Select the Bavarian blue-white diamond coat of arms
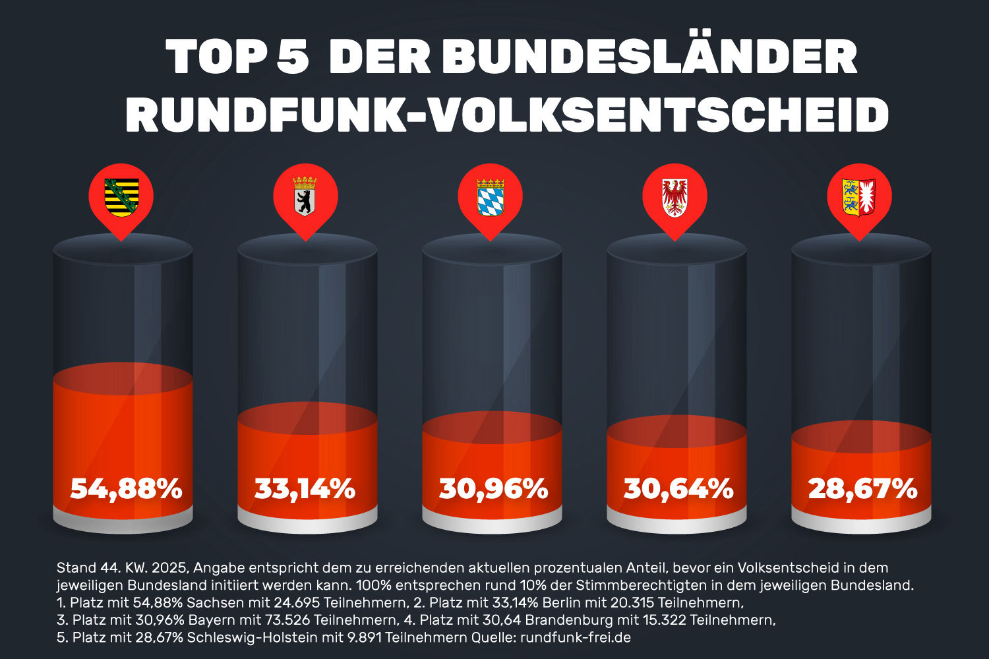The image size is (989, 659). coord(491,197)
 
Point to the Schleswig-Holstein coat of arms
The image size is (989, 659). coord(858,197)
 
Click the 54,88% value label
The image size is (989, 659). coord(126,490)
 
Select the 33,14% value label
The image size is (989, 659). coord(305,490)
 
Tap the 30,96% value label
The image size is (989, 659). coord(494,490)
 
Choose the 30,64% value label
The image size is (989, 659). coord(678,490)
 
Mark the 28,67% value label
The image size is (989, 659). coord(862,490)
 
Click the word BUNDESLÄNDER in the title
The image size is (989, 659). coord(649,58)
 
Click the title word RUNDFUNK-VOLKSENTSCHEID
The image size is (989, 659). coord(507,115)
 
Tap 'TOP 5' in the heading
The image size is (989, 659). coord(237,58)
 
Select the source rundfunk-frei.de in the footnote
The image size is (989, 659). coord(576,638)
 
